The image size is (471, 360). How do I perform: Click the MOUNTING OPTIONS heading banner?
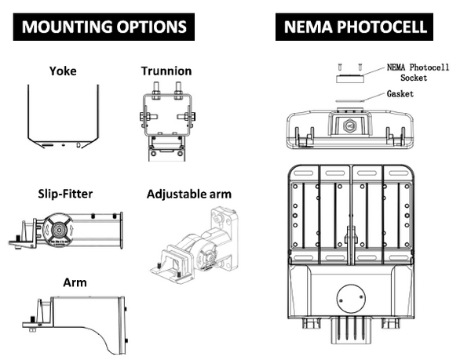coord(104,26)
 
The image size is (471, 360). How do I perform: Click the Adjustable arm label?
coord(188,193)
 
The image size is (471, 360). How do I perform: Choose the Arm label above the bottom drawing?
coord(74,282)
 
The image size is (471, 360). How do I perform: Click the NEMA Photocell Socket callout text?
coord(417,72)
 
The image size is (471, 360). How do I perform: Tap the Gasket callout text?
coord(400,93)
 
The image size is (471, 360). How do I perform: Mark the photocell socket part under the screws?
coord(349,79)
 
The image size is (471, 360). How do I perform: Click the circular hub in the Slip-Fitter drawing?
coord(57,229)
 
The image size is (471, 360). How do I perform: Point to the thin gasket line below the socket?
coord(349,100)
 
